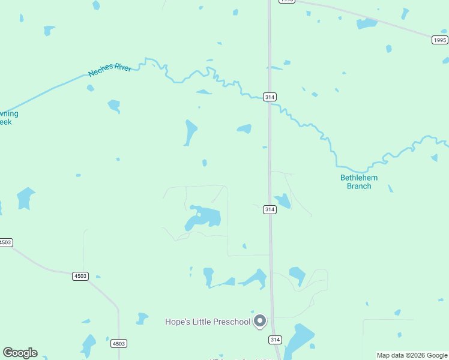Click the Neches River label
pos(110,70)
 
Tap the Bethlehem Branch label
pos(355,182)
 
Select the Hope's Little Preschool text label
pos(208,322)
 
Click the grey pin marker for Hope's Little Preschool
pos(260,321)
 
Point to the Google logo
pos(20,353)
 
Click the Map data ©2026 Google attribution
pos(412,356)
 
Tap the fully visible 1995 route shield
pos(440,40)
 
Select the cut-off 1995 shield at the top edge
pos(287,1)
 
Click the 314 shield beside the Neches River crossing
pos(270,97)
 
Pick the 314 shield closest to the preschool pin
pos(275,340)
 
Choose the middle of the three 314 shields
pos(270,209)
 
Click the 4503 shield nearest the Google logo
pos(118,343)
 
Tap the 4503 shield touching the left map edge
pos(5,242)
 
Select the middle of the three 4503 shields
pos(80,276)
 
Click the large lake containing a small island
pos(204,217)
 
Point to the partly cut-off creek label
pos(8,118)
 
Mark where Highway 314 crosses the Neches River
pos(270,103)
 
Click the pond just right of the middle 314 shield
pos(282,201)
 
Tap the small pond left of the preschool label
pos(142,318)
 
